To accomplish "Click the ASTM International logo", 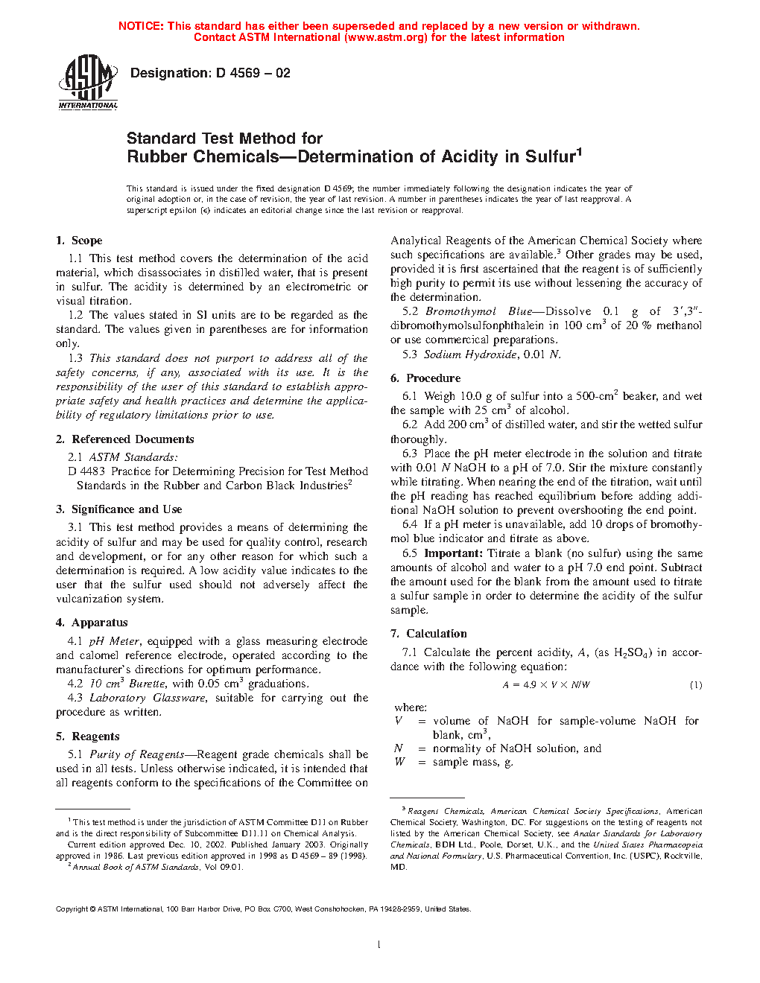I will click(x=88, y=83).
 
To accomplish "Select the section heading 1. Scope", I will click(x=79, y=241).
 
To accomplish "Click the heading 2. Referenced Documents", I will click(x=124, y=439).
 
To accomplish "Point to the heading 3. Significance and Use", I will click(x=118, y=509).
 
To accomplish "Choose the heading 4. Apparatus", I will click(x=92, y=623).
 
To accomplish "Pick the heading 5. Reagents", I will click(x=87, y=737).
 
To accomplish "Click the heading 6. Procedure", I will click(x=425, y=378).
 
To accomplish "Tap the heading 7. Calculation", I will click(x=428, y=634).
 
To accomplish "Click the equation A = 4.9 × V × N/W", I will click(x=546, y=685).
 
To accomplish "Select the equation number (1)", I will click(x=695, y=685).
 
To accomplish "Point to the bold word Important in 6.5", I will click(x=453, y=553).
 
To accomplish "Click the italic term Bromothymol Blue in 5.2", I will click(x=478, y=311).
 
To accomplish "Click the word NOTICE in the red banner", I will click(x=141, y=26).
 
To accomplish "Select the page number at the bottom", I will click(x=379, y=945).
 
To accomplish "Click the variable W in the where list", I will click(x=400, y=762).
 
